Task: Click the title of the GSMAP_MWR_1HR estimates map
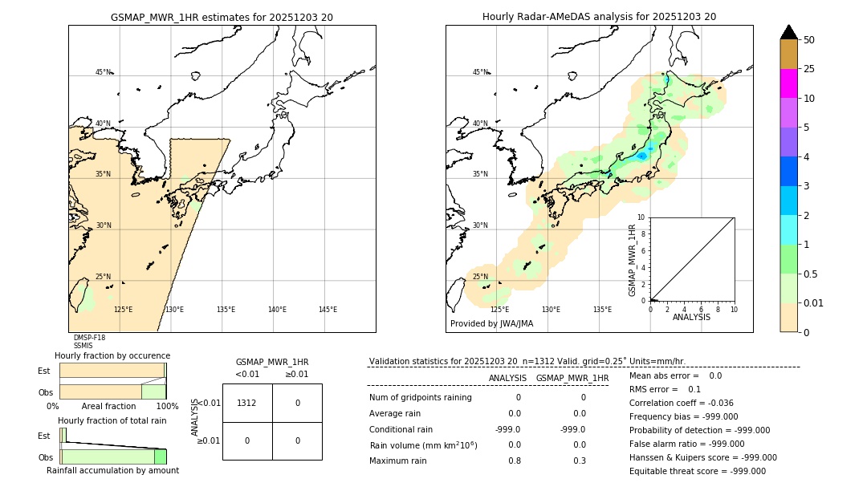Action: pos(222,17)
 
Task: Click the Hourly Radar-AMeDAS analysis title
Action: pos(599,17)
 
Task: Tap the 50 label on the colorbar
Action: pos(809,40)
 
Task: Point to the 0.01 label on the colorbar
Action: pos(812,303)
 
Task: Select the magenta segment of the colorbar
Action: pos(788,83)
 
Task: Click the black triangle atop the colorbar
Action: pos(788,32)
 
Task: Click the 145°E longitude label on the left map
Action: pos(328,310)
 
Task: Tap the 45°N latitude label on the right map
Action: pos(480,73)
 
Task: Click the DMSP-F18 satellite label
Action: pos(89,338)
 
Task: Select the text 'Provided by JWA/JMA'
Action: pos(491,324)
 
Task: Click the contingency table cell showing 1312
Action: pos(247,403)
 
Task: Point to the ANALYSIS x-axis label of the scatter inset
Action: pos(691,318)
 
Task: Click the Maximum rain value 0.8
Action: pos(514,461)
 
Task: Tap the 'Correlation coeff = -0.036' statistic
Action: pos(681,403)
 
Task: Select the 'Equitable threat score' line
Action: pos(697,471)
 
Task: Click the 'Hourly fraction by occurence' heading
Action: pos(112,355)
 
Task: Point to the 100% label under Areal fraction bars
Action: pos(167,407)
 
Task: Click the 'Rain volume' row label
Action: pos(423,445)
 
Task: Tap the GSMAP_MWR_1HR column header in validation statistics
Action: pos(572,378)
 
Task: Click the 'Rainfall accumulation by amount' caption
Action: pos(112,470)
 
